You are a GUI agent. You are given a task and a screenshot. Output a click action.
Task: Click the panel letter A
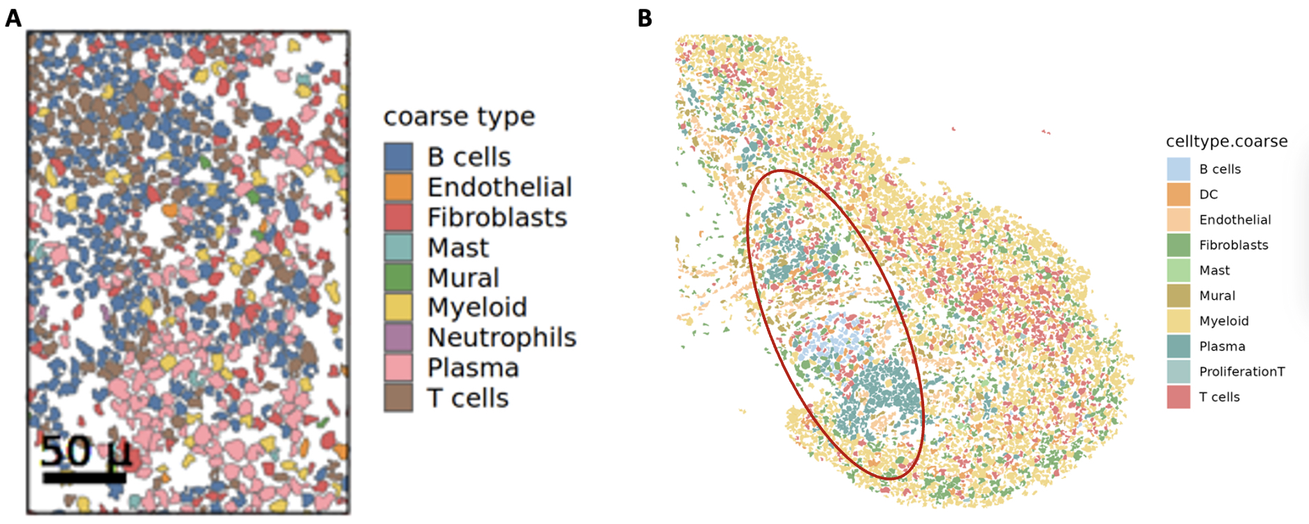pyautogui.click(x=13, y=17)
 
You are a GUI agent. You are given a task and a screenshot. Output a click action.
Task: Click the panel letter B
pyautogui.click(x=645, y=18)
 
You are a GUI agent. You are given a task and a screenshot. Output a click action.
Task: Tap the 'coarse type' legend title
pyautogui.click(x=459, y=117)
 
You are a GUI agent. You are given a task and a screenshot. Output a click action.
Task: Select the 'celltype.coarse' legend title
pyautogui.click(x=1226, y=141)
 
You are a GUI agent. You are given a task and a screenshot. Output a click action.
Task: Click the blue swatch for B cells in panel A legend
pyautogui.click(x=398, y=157)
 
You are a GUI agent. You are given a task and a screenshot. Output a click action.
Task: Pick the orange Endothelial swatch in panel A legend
pyautogui.click(x=398, y=187)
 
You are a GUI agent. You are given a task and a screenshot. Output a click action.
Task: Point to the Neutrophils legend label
pyautogui.click(x=502, y=337)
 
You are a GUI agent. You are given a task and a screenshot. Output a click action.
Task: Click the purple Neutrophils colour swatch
pyautogui.click(x=398, y=337)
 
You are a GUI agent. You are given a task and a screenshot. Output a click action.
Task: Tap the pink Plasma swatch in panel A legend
pyautogui.click(x=398, y=367)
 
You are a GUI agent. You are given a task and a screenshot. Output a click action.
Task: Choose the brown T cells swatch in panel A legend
pyautogui.click(x=398, y=398)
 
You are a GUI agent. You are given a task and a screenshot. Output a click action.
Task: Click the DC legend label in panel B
pyautogui.click(x=1208, y=194)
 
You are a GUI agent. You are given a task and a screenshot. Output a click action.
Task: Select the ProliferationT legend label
pyautogui.click(x=1241, y=372)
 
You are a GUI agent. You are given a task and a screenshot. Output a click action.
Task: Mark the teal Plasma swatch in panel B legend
pyautogui.click(x=1178, y=347)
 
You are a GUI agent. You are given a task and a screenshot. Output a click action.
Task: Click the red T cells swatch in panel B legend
pyautogui.click(x=1178, y=397)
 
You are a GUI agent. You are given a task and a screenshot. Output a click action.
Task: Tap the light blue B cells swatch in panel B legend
pyautogui.click(x=1178, y=169)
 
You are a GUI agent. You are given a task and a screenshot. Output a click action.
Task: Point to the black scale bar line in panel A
pyautogui.click(x=84, y=479)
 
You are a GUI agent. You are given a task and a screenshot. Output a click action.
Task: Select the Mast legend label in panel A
pyautogui.click(x=458, y=248)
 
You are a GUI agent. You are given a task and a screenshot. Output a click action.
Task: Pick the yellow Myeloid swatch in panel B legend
pyautogui.click(x=1178, y=321)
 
